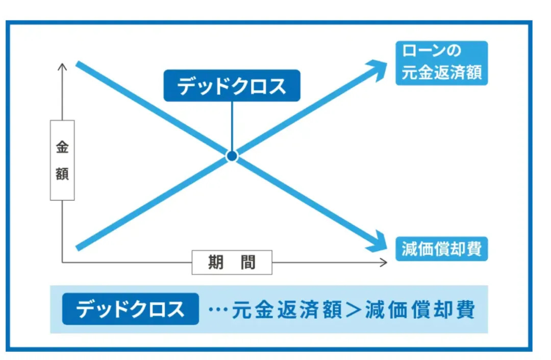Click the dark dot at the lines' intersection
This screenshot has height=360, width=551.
coord(232,156)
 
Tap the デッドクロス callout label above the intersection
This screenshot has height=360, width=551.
coord(232,85)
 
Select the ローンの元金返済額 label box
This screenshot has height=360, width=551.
coord(441,63)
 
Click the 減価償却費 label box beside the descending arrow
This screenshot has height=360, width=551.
coord(441,249)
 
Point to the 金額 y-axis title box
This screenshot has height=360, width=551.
coord(62,160)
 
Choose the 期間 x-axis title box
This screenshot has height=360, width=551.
coord(232,262)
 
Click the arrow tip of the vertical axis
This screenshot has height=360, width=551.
coord(62,65)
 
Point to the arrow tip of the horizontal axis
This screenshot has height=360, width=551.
coord(385,262)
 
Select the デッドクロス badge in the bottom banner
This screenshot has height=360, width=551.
coord(130,309)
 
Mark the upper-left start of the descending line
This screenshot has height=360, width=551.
coord(78,63)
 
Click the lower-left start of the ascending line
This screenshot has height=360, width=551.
coord(78,248)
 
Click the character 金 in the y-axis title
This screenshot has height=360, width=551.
coord(62,148)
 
